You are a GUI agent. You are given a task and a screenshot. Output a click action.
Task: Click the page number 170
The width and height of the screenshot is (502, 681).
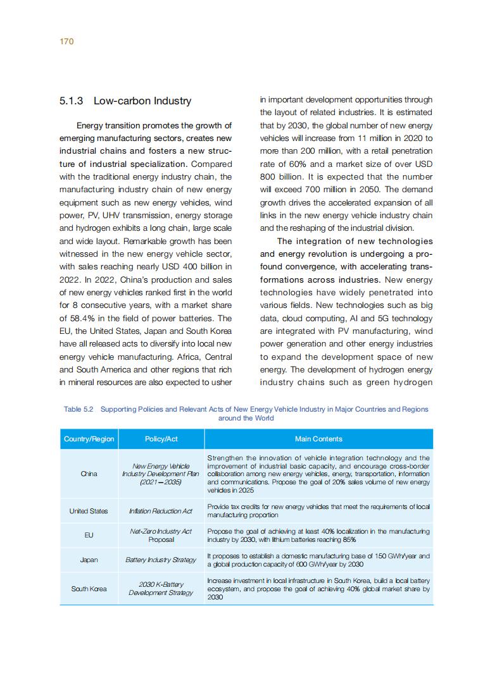(x=67, y=41)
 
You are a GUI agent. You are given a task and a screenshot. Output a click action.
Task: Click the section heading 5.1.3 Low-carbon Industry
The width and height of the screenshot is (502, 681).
(x=125, y=101)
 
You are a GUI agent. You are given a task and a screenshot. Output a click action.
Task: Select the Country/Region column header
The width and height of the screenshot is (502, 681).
(x=89, y=439)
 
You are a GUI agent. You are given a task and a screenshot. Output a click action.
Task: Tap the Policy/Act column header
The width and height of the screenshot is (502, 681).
(x=161, y=439)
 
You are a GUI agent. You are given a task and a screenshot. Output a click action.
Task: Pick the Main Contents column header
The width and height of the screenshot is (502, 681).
(x=318, y=439)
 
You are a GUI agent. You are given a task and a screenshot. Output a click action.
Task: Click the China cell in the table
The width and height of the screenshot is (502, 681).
(x=89, y=473)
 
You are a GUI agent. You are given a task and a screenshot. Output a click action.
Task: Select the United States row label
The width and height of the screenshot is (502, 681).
(x=89, y=511)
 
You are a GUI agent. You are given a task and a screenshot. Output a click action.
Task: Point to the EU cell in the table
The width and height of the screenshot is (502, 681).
(x=89, y=536)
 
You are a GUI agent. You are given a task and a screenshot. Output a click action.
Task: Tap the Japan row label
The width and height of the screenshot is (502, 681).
(x=89, y=560)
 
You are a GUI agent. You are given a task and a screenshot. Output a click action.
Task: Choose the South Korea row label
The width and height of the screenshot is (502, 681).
(x=89, y=589)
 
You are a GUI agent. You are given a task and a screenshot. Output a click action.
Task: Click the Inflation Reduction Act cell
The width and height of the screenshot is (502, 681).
(x=161, y=511)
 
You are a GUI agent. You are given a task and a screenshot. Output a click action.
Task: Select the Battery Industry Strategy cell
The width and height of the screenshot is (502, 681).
(x=161, y=560)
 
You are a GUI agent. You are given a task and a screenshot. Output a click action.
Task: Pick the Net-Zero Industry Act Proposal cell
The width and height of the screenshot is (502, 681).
(x=161, y=536)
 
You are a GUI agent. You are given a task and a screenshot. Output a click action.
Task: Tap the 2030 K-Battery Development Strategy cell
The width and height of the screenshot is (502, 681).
(x=161, y=589)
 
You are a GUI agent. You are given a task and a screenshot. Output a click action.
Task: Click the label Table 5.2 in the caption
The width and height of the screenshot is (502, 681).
(x=78, y=409)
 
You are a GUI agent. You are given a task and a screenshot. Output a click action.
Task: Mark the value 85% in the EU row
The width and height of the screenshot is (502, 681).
(x=349, y=540)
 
